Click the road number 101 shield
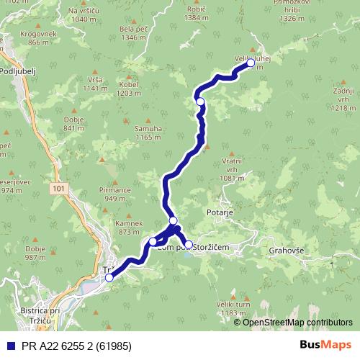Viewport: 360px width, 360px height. pyautogui.click(x=59, y=188)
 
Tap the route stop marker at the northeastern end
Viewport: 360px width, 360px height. pyautogui.click(x=251, y=63)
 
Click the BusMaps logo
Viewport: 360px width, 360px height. pyautogui.click(x=327, y=345)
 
